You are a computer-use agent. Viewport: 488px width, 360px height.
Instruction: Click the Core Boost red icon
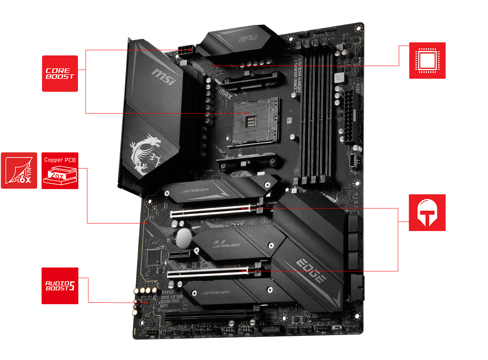(60, 74)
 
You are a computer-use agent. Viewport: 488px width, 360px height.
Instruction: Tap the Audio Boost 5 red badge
(60, 286)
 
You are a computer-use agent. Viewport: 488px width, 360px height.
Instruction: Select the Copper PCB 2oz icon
(60, 171)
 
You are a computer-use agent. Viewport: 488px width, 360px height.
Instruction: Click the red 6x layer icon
(19, 171)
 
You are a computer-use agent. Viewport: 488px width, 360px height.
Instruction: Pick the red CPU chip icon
(427, 61)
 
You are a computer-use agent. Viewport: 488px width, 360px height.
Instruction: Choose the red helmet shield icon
(427, 212)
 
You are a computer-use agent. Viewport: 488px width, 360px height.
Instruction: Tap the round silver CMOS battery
(184, 238)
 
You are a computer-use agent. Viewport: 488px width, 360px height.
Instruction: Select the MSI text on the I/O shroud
(164, 77)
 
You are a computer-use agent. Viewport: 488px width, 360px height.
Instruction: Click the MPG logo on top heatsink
(248, 38)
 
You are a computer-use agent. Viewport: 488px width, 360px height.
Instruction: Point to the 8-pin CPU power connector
(185, 49)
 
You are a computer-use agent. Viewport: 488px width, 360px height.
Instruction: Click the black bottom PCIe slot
(206, 315)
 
